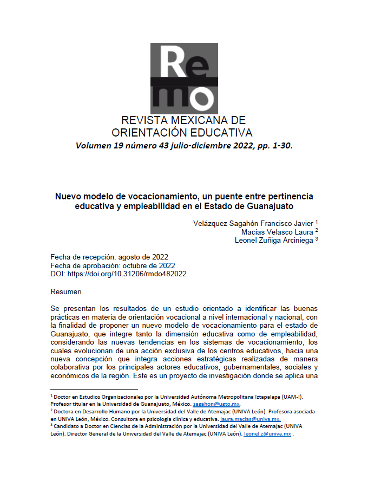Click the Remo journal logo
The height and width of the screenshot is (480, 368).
[184, 78]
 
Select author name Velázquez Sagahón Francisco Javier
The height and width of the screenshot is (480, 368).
[253, 223]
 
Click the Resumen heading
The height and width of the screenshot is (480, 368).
[66, 291]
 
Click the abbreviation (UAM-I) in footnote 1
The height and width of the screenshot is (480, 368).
[290, 397]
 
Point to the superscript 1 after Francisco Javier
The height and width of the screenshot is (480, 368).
[317, 222]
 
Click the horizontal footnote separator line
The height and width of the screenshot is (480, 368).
[94, 389]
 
